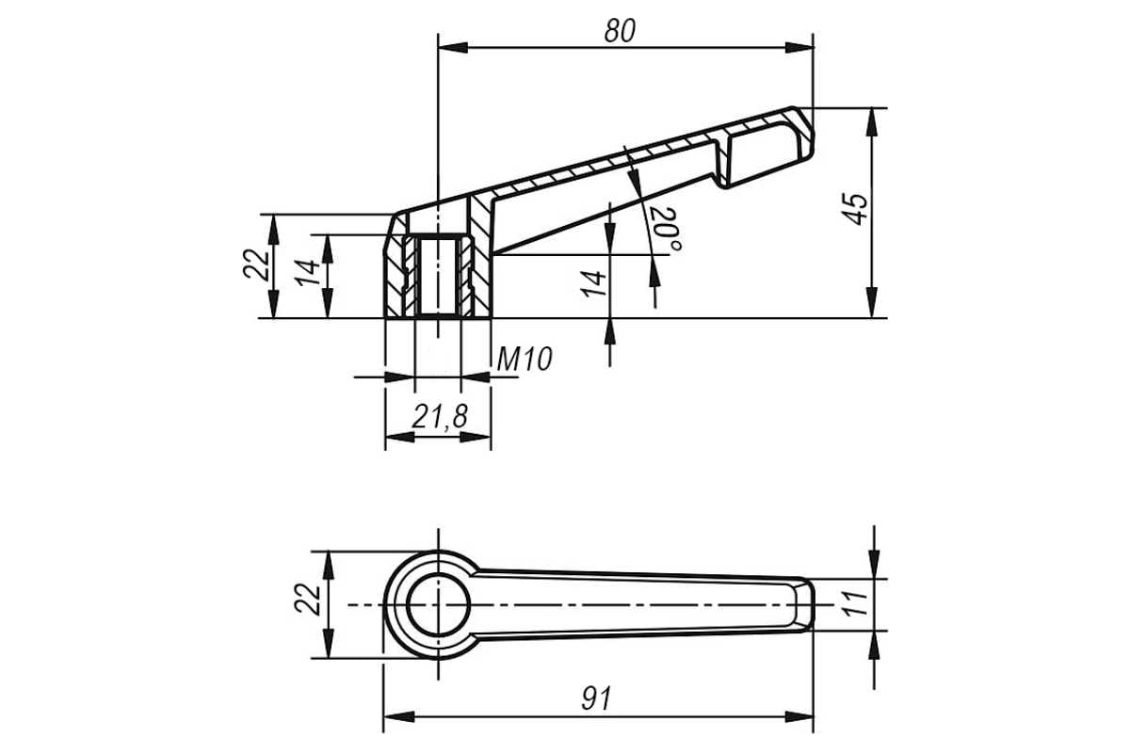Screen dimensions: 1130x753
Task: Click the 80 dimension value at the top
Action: (x=620, y=31)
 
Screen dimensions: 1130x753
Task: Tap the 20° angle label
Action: (x=666, y=230)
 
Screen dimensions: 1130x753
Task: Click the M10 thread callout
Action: (x=525, y=360)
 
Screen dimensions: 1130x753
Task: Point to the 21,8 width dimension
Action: (x=440, y=417)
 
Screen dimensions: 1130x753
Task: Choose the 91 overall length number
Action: (x=597, y=698)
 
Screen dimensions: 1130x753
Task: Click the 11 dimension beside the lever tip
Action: (x=855, y=603)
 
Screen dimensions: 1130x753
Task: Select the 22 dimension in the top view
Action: (x=307, y=600)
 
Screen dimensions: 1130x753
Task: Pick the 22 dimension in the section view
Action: (x=256, y=264)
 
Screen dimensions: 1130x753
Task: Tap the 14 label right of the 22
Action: (x=308, y=273)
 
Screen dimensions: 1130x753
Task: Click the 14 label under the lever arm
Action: (x=592, y=284)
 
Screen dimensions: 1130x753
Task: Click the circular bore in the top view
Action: (x=438, y=604)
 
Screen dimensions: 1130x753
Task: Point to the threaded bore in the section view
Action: (x=438, y=276)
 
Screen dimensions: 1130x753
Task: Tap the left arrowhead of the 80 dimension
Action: (x=453, y=48)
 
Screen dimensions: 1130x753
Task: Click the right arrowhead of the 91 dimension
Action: (x=799, y=716)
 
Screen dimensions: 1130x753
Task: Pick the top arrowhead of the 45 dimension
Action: (x=873, y=122)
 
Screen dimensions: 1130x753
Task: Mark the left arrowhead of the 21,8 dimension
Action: (x=399, y=437)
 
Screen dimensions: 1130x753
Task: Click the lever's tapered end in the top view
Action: (x=802, y=604)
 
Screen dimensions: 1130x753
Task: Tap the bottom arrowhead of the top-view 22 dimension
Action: (x=329, y=643)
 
